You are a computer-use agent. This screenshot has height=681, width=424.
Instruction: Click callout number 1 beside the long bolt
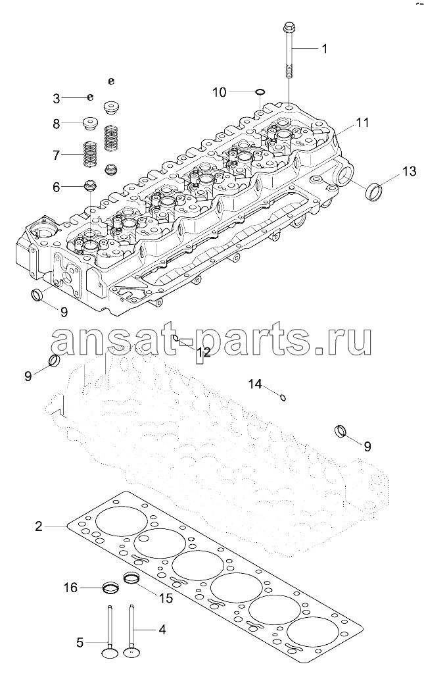pos(323,49)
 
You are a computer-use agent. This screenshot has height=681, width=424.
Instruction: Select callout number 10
pos(220,92)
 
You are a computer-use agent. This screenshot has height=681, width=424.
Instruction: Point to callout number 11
pos(362,122)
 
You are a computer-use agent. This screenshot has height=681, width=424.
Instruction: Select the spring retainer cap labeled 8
pos(90,123)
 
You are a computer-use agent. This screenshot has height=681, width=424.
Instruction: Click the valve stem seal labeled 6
pos(89,186)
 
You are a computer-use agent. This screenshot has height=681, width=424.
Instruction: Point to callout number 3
pos(56,99)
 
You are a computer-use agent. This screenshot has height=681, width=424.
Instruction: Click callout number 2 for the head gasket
pos(39,526)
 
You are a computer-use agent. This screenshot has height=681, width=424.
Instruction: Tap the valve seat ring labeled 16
pos(110,588)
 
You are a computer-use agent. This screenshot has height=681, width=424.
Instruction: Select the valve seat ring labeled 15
pos(131,579)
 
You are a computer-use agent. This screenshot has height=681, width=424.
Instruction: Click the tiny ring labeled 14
pos(283,397)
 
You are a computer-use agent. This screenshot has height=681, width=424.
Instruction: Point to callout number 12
pos(202,353)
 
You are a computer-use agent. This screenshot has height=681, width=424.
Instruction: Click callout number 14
pos(256,384)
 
